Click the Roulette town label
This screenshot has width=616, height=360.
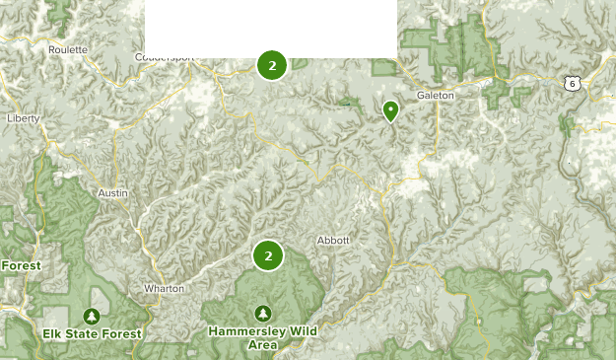click(x=68, y=48)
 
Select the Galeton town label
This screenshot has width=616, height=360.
click(x=435, y=95)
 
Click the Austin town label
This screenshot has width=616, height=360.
click(x=113, y=193)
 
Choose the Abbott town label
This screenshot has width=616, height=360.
click(x=334, y=240)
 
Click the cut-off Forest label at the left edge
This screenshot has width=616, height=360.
click(x=20, y=265)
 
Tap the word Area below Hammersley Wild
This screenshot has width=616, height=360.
click(x=262, y=345)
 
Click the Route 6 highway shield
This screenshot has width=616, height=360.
click(x=571, y=85)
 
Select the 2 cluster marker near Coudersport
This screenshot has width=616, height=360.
click(x=272, y=65)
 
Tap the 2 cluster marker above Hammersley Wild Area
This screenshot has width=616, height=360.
click(x=268, y=255)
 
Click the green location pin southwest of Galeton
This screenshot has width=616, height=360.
click(x=391, y=110)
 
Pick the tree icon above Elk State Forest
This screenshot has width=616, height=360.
click(x=92, y=317)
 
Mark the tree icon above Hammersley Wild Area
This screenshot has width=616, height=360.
click(x=262, y=313)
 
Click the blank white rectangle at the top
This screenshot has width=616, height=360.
click(x=271, y=29)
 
